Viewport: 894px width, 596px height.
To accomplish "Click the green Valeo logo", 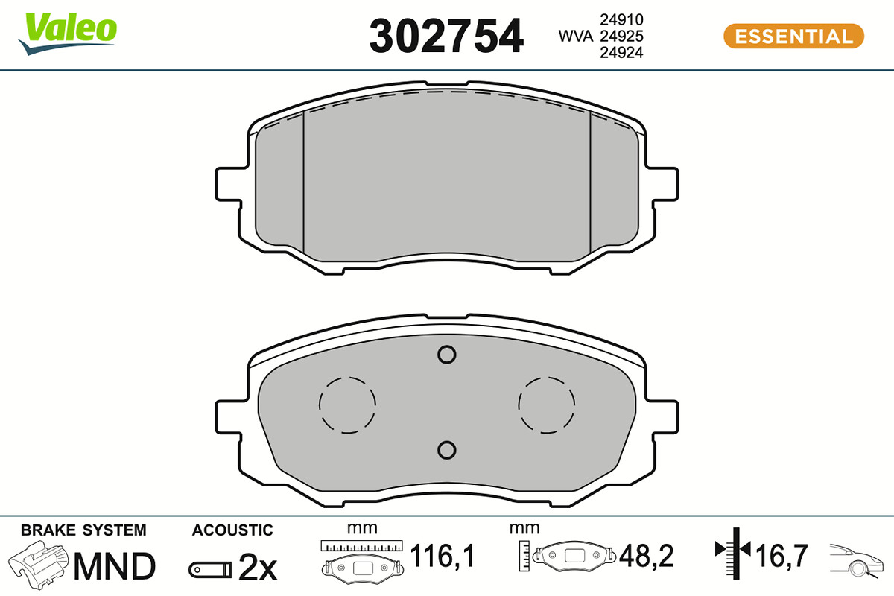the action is [x=68, y=33].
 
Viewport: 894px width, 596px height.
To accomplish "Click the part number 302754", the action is [x=446, y=37].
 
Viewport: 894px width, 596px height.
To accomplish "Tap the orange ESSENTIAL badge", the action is [x=794, y=37].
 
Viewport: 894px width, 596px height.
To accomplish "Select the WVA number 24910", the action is [x=621, y=19].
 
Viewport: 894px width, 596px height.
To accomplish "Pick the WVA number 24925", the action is [x=621, y=37].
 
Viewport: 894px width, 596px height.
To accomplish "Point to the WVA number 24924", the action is [x=621, y=53].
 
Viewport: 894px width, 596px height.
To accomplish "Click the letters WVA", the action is [x=575, y=37].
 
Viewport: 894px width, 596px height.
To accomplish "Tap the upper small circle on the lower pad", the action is [x=446, y=355].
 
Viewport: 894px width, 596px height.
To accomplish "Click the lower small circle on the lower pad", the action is [x=446, y=450].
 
